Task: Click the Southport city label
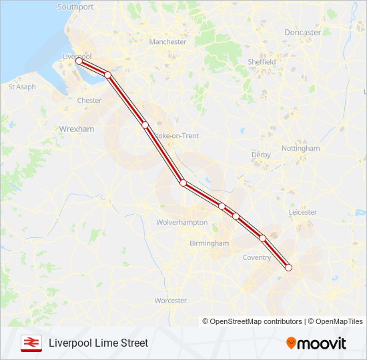(75, 7)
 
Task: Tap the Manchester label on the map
(167, 41)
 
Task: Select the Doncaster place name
(302, 32)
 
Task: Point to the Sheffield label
(262, 62)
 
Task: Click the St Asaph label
(21, 87)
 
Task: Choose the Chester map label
(89, 101)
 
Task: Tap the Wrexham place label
(77, 129)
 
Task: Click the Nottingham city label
(300, 148)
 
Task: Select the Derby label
(261, 155)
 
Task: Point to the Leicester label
(303, 212)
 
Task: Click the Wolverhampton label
(181, 222)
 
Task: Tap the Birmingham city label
(209, 243)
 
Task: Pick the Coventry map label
(257, 257)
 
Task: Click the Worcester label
(170, 301)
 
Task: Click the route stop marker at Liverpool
(79, 61)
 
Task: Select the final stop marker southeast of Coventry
(289, 267)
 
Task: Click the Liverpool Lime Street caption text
(98, 343)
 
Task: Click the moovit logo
(316, 343)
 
